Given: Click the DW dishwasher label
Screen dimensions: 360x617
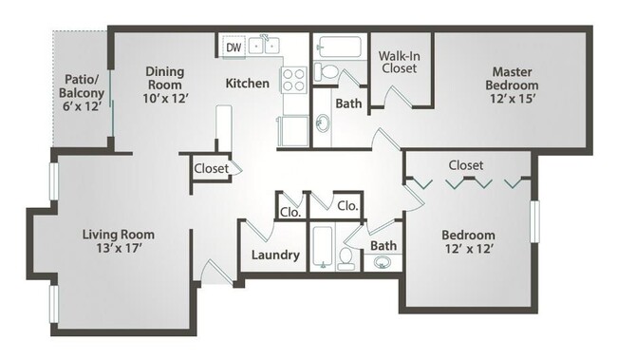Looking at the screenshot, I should pyautogui.click(x=234, y=45).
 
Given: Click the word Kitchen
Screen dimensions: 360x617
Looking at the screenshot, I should pyautogui.click(x=247, y=84).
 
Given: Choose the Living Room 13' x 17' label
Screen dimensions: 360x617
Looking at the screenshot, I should pyautogui.click(x=118, y=242).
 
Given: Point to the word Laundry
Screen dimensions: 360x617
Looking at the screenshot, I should pyautogui.click(x=275, y=256).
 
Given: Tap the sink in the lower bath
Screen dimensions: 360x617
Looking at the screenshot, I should pyautogui.click(x=383, y=263).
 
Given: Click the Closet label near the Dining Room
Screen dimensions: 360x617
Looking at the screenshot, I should pyautogui.click(x=211, y=168).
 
